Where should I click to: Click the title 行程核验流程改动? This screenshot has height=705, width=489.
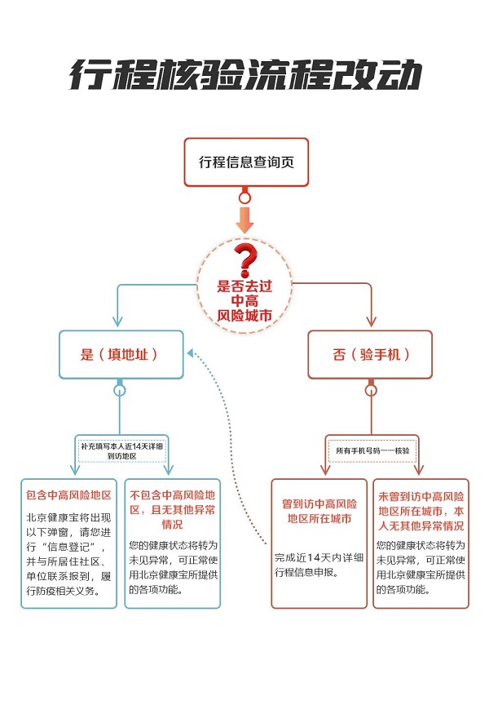(244, 76)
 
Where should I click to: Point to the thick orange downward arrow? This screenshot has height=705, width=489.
(244, 219)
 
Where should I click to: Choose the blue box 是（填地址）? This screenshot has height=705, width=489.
(120, 355)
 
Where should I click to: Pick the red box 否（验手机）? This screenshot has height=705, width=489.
(371, 355)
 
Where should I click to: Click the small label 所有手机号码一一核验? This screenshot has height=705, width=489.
(372, 450)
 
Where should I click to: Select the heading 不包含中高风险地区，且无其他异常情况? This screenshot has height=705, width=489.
(172, 509)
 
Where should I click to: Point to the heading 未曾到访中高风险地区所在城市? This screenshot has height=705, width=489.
(421, 510)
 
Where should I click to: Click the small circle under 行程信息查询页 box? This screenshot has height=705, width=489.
(244, 197)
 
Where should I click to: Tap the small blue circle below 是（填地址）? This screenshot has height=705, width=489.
(120, 390)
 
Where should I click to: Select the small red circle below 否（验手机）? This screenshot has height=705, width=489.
(371, 390)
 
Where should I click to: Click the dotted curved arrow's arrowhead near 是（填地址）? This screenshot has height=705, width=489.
(191, 353)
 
